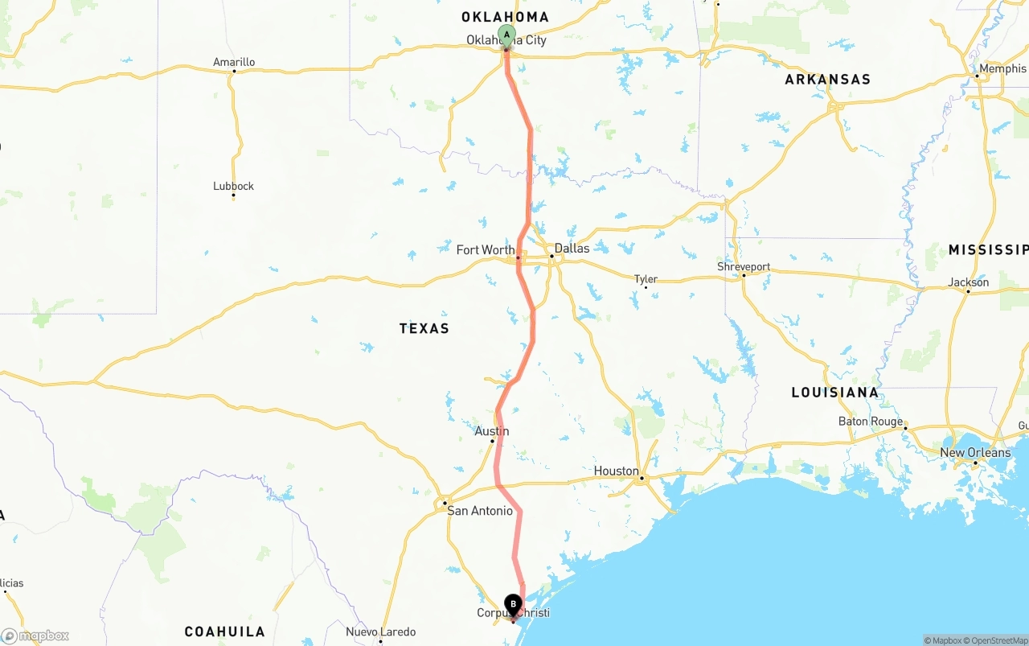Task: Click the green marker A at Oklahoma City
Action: pos(506,35)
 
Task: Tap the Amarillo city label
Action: pos(234,62)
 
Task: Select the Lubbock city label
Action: pos(233,186)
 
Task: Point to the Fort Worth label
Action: pos(486,250)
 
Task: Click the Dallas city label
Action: pos(572,248)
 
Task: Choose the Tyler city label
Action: pos(646,279)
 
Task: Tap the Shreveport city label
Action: pos(744,266)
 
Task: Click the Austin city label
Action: pos(492,431)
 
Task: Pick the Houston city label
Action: pos(617,471)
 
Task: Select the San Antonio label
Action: pos(480,511)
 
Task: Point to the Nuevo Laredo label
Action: pos(381,632)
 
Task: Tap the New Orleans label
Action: pos(975,452)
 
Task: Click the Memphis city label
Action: pos(1002,68)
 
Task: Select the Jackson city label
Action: pos(969,282)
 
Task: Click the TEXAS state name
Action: pos(424,328)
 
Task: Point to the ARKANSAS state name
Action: pos(827,80)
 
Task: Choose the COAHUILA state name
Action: pos(225,632)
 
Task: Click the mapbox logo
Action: pos(35,636)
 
